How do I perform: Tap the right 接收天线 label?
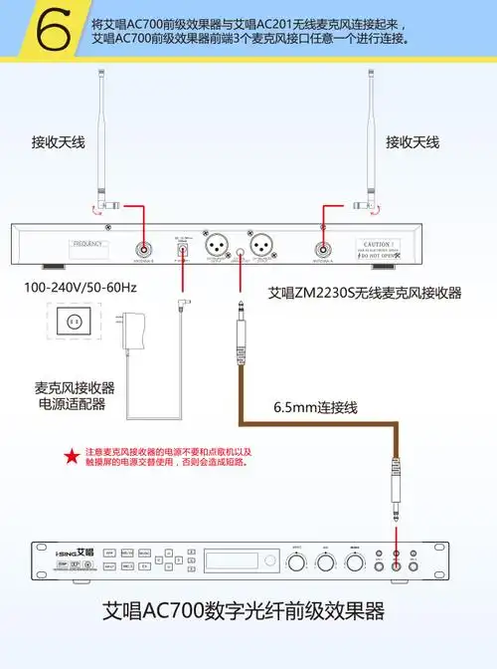click(412, 142)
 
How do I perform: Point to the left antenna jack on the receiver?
click(145, 252)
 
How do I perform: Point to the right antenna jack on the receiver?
click(324, 252)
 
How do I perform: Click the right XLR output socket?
click(262, 245)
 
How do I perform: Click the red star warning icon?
click(71, 456)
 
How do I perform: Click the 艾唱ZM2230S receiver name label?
click(365, 293)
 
